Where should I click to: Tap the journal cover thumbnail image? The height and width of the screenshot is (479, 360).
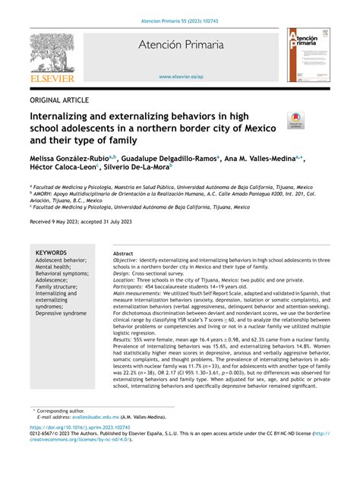pyautogui.click(x=308, y=55)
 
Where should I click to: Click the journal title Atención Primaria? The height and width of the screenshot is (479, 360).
pyautogui.click(x=181, y=46)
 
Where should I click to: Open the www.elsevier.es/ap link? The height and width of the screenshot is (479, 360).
pyautogui.click(x=180, y=77)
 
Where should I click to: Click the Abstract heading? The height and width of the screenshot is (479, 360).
pyautogui.click(x=123, y=254)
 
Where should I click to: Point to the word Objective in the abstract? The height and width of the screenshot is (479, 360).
pyautogui.click(x=127, y=260)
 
